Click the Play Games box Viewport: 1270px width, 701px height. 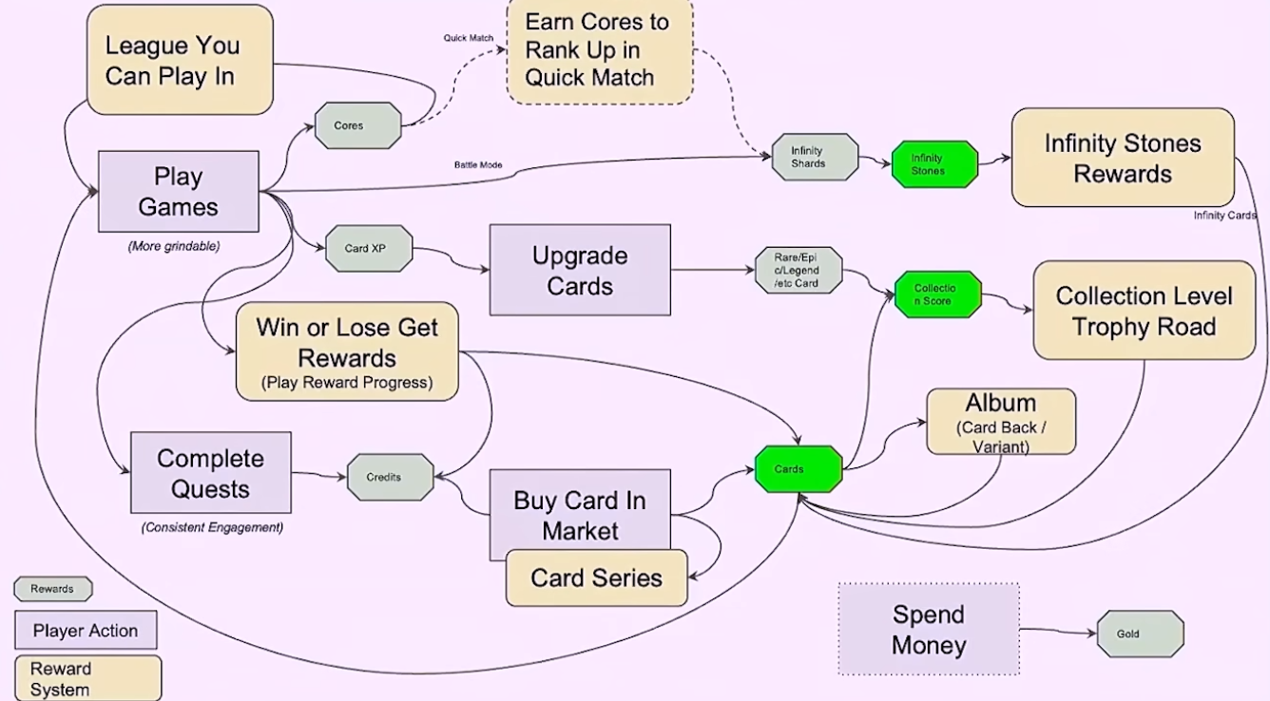click(x=179, y=191)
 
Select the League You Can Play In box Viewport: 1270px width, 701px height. click(x=181, y=60)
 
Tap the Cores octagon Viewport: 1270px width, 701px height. click(x=357, y=125)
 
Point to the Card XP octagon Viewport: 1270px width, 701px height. click(x=369, y=249)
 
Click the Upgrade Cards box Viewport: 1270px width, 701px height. click(x=580, y=270)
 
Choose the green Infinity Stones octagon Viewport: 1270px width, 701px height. click(x=934, y=164)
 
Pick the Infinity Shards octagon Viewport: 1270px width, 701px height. click(x=814, y=157)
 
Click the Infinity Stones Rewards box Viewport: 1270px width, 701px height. click(x=1123, y=158)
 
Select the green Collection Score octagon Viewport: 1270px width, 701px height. click(x=937, y=294)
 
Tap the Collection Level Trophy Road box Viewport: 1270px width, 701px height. click(x=1144, y=311)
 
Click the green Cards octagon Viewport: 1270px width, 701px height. click(x=798, y=469)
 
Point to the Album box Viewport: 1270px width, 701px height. click(x=1001, y=421)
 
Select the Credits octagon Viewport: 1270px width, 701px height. click(x=390, y=477)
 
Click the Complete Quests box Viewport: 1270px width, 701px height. click(x=211, y=473)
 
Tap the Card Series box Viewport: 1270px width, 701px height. click(x=596, y=578)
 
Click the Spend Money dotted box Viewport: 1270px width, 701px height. click(x=929, y=629)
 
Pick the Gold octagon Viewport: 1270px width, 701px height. click(x=1140, y=634)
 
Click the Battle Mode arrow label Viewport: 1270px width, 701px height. click(x=478, y=165)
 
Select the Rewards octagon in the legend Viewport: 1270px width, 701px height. click(x=53, y=589)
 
